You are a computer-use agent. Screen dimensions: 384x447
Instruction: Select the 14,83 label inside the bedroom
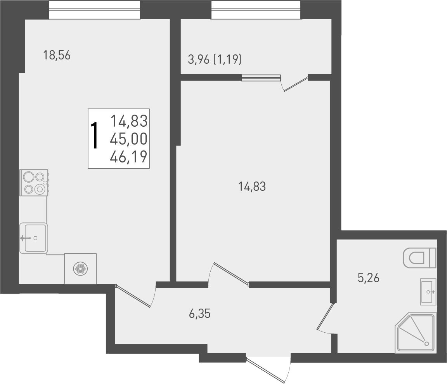click(252, 187)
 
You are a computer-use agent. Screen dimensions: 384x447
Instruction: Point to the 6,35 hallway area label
click(199, 314)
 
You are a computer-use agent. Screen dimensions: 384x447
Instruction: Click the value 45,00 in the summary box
click(129, 139)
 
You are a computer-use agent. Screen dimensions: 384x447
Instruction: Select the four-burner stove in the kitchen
click(34, 183)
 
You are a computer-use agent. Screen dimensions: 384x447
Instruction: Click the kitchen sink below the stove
click(34, 238)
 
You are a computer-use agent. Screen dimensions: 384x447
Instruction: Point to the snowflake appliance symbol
click(80, 269)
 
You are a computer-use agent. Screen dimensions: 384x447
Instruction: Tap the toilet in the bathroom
click(420, 258)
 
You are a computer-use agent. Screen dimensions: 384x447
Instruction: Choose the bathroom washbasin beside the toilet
click(428, 291)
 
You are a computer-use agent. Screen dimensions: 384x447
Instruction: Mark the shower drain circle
click(426, 344)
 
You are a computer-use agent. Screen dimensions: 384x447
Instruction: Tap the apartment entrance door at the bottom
click(268, 369)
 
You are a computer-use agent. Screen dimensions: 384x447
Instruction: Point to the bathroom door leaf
click(325, 317)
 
